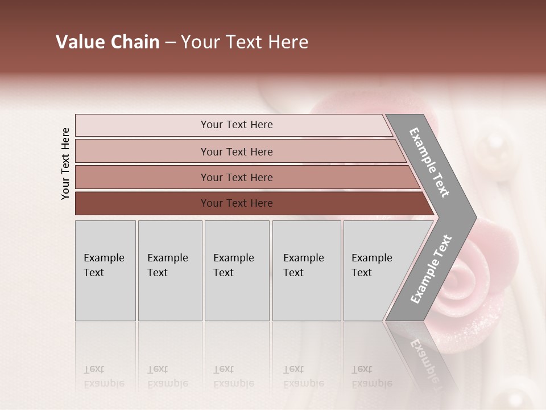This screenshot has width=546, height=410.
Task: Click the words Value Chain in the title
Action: pyautogui.click(x=107, y=42)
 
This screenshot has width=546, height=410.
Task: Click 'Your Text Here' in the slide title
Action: pyautogui.click(x=245, y=42)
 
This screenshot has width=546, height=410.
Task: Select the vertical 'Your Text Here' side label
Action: pyautogui.click(x=65, y=163)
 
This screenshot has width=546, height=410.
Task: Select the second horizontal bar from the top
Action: pyautogui.click(x=236, y=151)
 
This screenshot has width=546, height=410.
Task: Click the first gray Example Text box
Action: pyautogui.click(x=105, y=270)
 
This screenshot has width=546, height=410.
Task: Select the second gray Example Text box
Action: pyautogui.click(x=170, y=270)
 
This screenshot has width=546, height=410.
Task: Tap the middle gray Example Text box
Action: pyautogui.click(x=237, y=270)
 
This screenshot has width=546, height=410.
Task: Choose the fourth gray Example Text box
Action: pyautogui.click(x=307, y=270)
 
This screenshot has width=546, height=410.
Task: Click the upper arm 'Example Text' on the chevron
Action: pyautogui.click(x=429, y=162)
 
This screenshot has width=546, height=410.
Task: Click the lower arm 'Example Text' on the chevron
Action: pyautogui.click(x=431, y=269)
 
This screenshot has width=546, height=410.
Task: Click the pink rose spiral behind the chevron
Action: pyautogui.click(x=466, y=279)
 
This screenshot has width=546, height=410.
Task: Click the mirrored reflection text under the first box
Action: pyautogui.click(x=104, y=376)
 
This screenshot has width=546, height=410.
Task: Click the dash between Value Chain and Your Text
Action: pyautogui.click(x=170, y=43)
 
